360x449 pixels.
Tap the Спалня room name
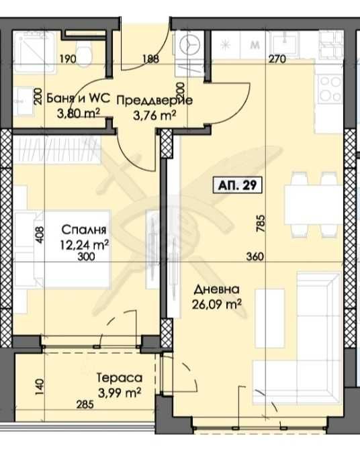79,229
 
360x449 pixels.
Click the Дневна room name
216,291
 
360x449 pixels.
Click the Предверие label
155,101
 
